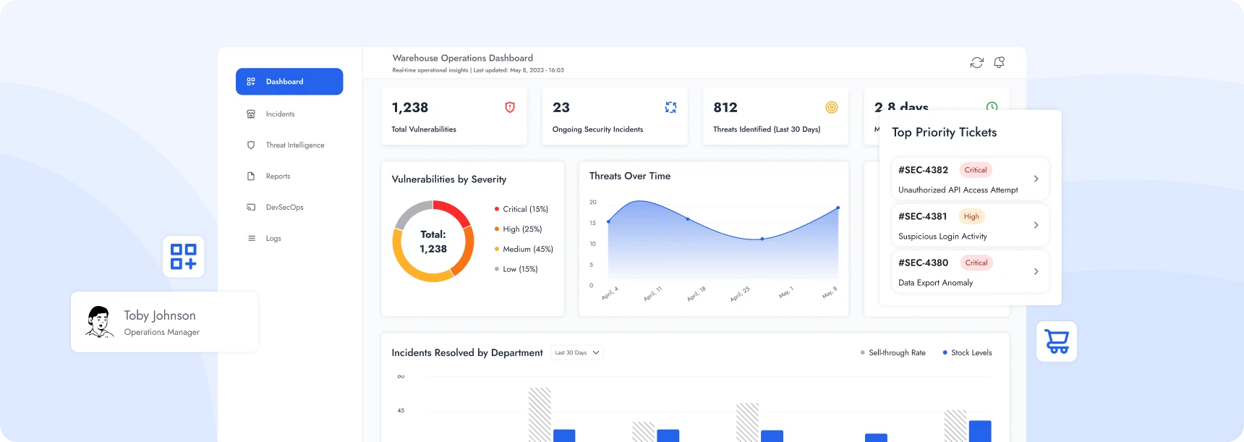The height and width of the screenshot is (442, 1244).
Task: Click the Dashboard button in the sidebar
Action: (289, 82)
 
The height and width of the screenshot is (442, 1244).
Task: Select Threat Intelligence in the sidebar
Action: (294, 145)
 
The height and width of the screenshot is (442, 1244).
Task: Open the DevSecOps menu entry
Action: (284, 208)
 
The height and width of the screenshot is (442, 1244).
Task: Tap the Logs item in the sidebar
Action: (273, 239)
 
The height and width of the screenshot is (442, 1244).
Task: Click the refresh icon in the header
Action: (976, 63)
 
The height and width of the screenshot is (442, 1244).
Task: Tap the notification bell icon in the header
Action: (999, 63)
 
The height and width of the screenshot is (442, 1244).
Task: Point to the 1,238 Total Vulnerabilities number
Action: (410, 108)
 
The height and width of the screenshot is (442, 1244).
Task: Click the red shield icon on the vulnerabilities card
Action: (510, 107)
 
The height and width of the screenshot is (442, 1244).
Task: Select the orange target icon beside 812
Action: (832, 107)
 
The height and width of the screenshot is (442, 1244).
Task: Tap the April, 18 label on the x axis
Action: (696, 294)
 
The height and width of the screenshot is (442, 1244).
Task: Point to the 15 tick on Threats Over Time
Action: (592, 223)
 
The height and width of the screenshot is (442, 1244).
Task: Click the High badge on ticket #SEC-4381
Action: (971, 216)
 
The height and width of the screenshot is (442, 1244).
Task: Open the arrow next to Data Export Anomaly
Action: (1036, 271)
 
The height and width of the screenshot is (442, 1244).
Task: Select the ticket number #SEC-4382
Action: (923, 170)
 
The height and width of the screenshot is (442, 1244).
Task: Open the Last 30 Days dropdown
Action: (577, 353)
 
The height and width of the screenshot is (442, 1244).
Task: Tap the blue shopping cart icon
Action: (1057, 341)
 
